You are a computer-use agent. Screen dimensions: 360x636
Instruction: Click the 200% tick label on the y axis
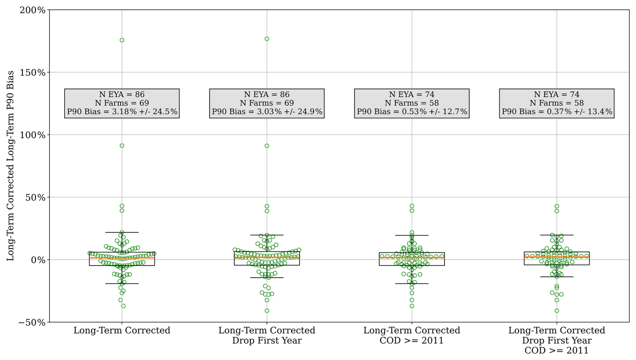pos(33,10)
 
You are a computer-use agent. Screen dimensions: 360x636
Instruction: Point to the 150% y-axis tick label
pos(33,73)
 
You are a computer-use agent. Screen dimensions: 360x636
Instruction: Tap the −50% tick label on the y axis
pos(32,322)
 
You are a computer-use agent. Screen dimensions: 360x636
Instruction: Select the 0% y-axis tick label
pos(38,260)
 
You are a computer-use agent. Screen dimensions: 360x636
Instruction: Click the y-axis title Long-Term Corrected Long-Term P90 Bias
pos(10,166)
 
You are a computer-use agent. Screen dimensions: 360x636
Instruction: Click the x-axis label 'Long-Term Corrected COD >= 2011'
pos(411,335)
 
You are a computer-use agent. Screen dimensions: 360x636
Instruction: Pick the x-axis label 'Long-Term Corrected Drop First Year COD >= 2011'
pos(556,340)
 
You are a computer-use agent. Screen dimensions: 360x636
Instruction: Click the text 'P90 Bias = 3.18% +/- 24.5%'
pos(122,112)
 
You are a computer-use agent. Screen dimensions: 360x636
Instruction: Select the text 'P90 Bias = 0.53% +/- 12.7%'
pos(412,112)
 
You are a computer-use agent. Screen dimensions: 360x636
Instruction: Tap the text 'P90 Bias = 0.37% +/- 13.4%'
pos(557,112)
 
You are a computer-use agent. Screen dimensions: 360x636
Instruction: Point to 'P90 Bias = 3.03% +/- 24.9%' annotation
pos(267,112)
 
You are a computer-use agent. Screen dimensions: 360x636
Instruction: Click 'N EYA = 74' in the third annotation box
pos(411,94)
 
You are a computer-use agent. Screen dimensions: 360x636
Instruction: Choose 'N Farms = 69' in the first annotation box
pos(122,103)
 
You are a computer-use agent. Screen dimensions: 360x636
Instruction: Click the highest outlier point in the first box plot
pos(122,40)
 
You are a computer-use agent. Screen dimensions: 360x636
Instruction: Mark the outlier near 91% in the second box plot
pos(267,146)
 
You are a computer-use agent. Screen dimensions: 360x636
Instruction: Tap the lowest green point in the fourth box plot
pos(557,311)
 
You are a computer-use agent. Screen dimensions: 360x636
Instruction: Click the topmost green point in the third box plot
pos(412,206)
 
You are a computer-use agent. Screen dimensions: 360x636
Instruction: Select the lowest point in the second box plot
pos(267,311)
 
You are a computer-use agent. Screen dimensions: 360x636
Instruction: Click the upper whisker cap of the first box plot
pos(122,232)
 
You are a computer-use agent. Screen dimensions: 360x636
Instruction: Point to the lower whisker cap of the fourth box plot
pos(557,277)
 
